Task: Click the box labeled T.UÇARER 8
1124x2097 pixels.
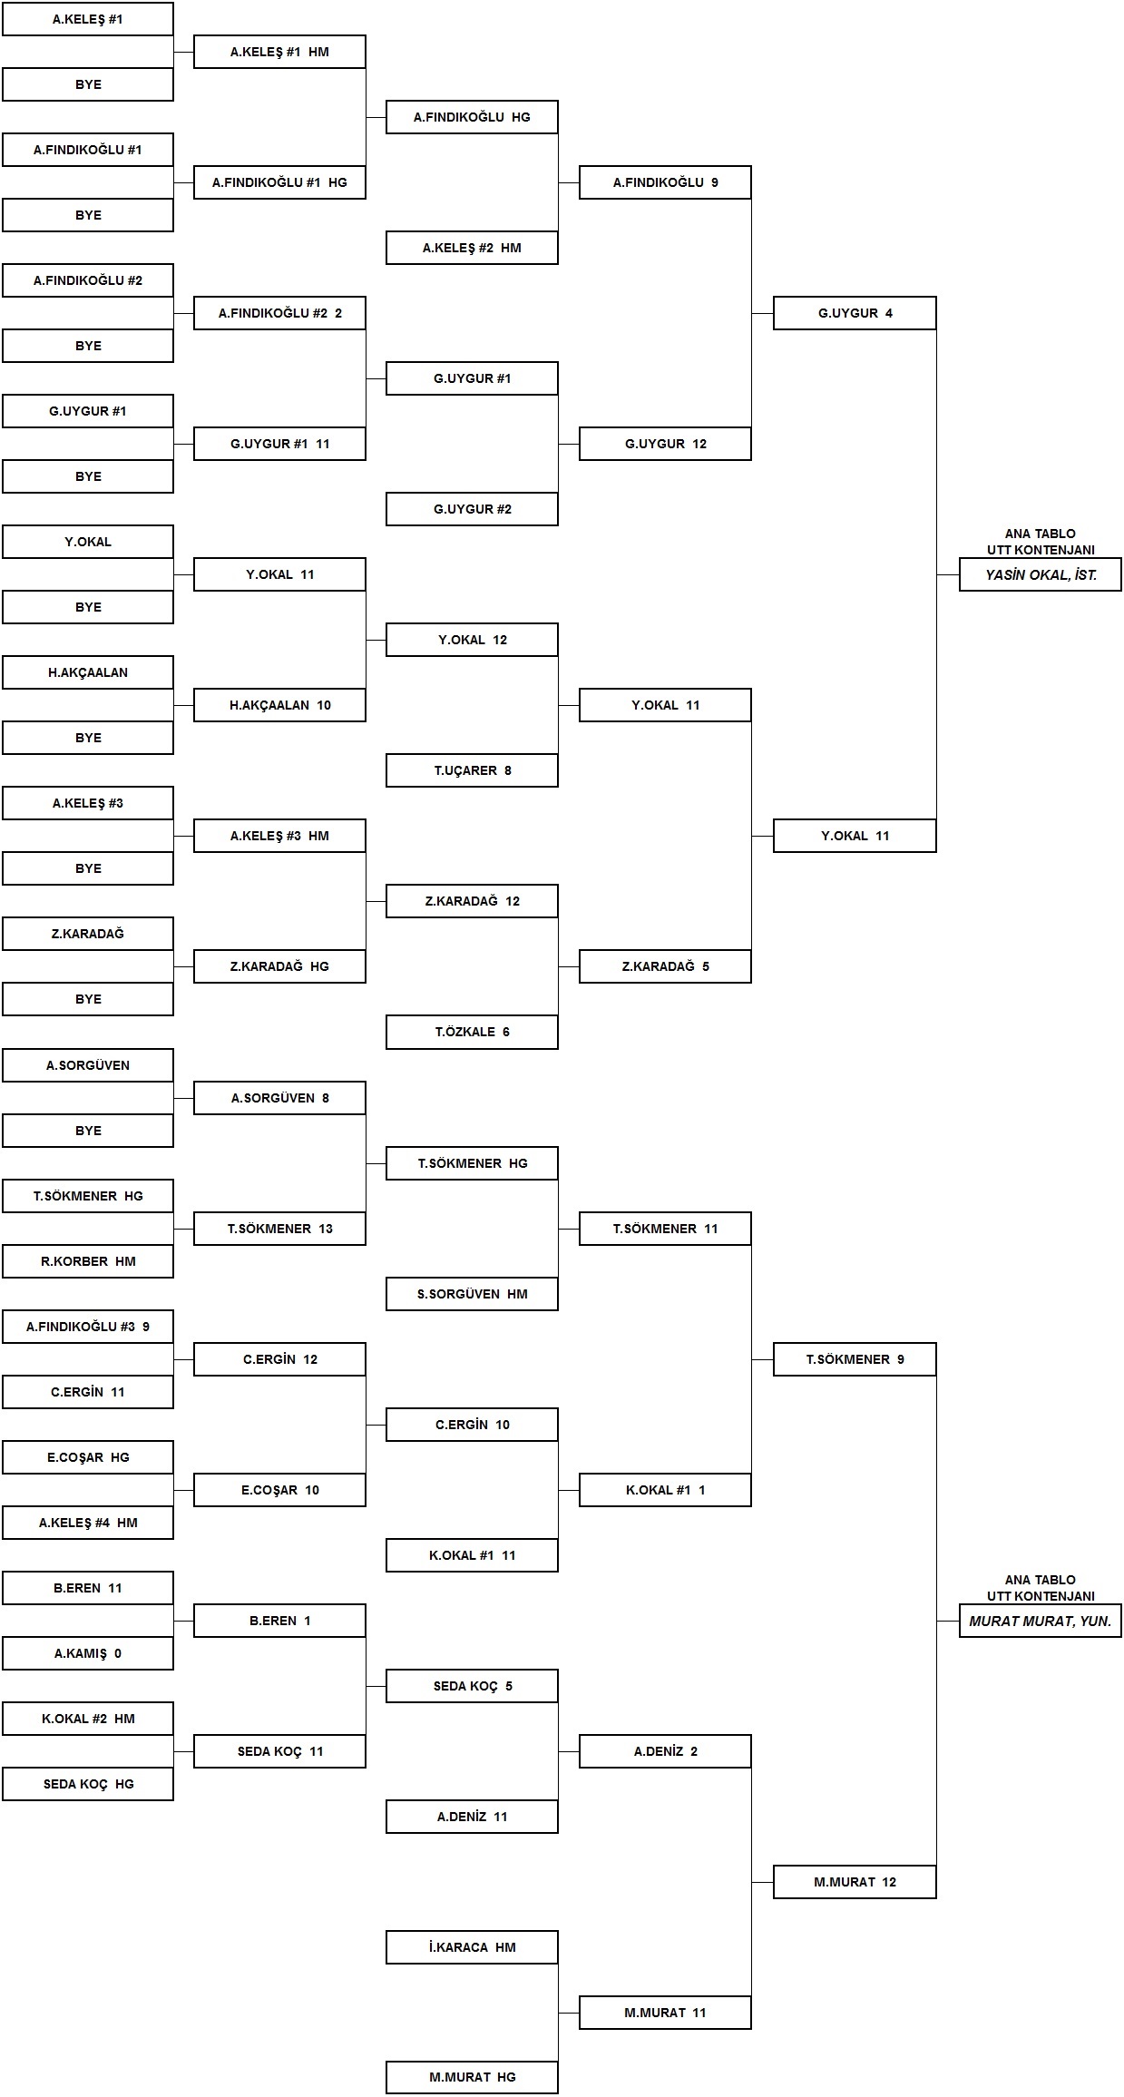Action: click(x=472, y=770)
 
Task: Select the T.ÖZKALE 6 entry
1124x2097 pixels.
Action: click(x=472, y=1032)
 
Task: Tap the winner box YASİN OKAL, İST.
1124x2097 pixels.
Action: click(x=1041, y=575)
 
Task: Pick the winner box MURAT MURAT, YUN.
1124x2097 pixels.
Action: click(x=1041, y=1621)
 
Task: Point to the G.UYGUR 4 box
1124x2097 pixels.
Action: click(x=855, y=313)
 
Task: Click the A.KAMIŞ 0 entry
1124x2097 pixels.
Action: click(x=88, y=1653)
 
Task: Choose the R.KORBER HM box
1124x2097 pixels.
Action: click(x=88, y=1261)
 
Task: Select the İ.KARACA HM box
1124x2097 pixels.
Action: click(x=472, y=1947)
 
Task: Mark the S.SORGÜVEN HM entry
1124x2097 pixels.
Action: click(x=472, y=1294)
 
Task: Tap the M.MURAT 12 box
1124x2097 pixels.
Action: click(x=855, y=1882)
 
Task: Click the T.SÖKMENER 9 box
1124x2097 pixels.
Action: click(x=855, y=1359)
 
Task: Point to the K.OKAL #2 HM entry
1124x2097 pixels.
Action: click(x=88, y=1719)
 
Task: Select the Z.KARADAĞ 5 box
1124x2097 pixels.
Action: click(x=665, y=966)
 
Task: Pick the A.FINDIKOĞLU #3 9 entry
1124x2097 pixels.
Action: click(x=88, y=1327)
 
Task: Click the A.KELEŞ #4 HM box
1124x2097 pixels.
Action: click(x=88, y=1523)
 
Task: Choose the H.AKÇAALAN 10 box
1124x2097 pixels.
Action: click(x=279, y=705)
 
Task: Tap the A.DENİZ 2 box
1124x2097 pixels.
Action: click(x=665, y=1751)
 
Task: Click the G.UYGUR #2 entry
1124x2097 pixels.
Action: click(x=472, y=509)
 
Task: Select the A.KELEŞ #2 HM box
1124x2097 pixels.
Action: click(x=472, y=248)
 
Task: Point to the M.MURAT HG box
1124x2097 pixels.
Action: click(x=472, y=2077)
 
